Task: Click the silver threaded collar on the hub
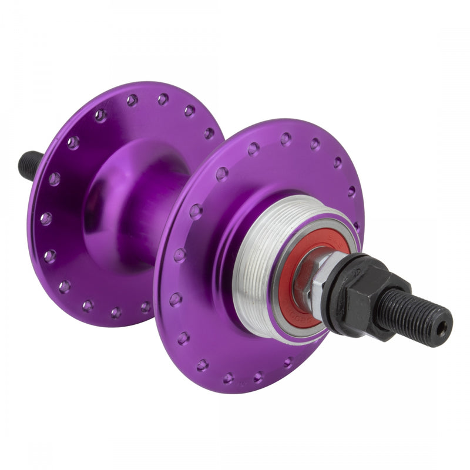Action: [x=258, y=258]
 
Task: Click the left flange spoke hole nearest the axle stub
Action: [x=54, y=179]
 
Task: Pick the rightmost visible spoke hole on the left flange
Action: [x=209, y=133]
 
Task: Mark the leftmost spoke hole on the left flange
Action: [x=46, y=219]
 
